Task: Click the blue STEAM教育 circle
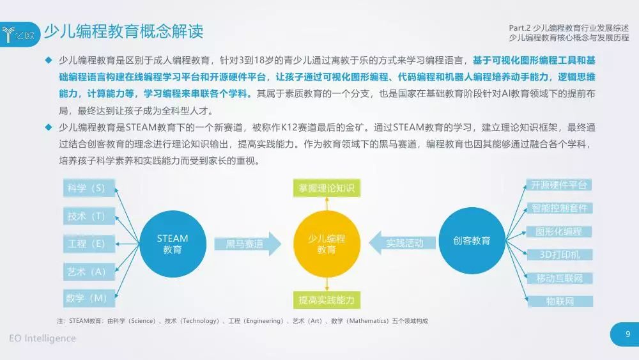coord(173,244)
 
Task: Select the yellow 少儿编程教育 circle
coord(327,244)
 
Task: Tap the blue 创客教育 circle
coord(472,240)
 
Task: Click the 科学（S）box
coord(89,188)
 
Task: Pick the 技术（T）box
coord(89,216)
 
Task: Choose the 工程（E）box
coord(89,244)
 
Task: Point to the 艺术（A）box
coord(89,272)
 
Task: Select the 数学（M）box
coord(89,298)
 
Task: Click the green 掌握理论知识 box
coord(327,188)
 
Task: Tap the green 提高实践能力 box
coord(327,300)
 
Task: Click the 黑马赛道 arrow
coord(248,244)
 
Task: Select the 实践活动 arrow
coord(402,243)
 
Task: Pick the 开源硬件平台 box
coord(558,185)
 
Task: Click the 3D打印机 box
coord(560,254)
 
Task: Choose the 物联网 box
coord(560,301)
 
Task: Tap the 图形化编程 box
coord(558,231)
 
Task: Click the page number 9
coord(627,334)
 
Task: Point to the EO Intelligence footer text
coord(42,338)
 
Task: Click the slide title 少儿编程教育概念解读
coord(123,31)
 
